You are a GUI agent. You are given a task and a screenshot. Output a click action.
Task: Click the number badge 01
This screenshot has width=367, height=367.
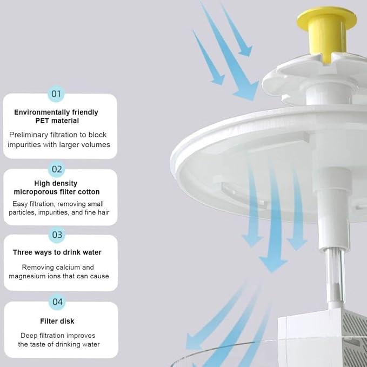[56, 94]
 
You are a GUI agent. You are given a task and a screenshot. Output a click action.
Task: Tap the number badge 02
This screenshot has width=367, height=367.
[57, 169]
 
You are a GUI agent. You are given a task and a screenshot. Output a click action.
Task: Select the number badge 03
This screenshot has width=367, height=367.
[57, 235]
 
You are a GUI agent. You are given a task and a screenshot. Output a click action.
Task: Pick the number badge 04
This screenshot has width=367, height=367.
[58, 302]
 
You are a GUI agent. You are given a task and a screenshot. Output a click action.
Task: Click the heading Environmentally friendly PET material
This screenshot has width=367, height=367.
[56, 116]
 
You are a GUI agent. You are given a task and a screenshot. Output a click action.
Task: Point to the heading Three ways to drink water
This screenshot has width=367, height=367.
[57, 252]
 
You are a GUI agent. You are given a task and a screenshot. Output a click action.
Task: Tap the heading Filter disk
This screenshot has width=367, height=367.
[57, 321]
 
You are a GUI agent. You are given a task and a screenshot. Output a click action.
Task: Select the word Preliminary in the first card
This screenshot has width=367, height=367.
[28, 135]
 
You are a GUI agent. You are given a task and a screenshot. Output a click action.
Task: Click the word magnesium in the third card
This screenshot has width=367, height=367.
[27, 276]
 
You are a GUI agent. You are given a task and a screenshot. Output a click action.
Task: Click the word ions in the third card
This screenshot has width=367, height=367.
[54, 276]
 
